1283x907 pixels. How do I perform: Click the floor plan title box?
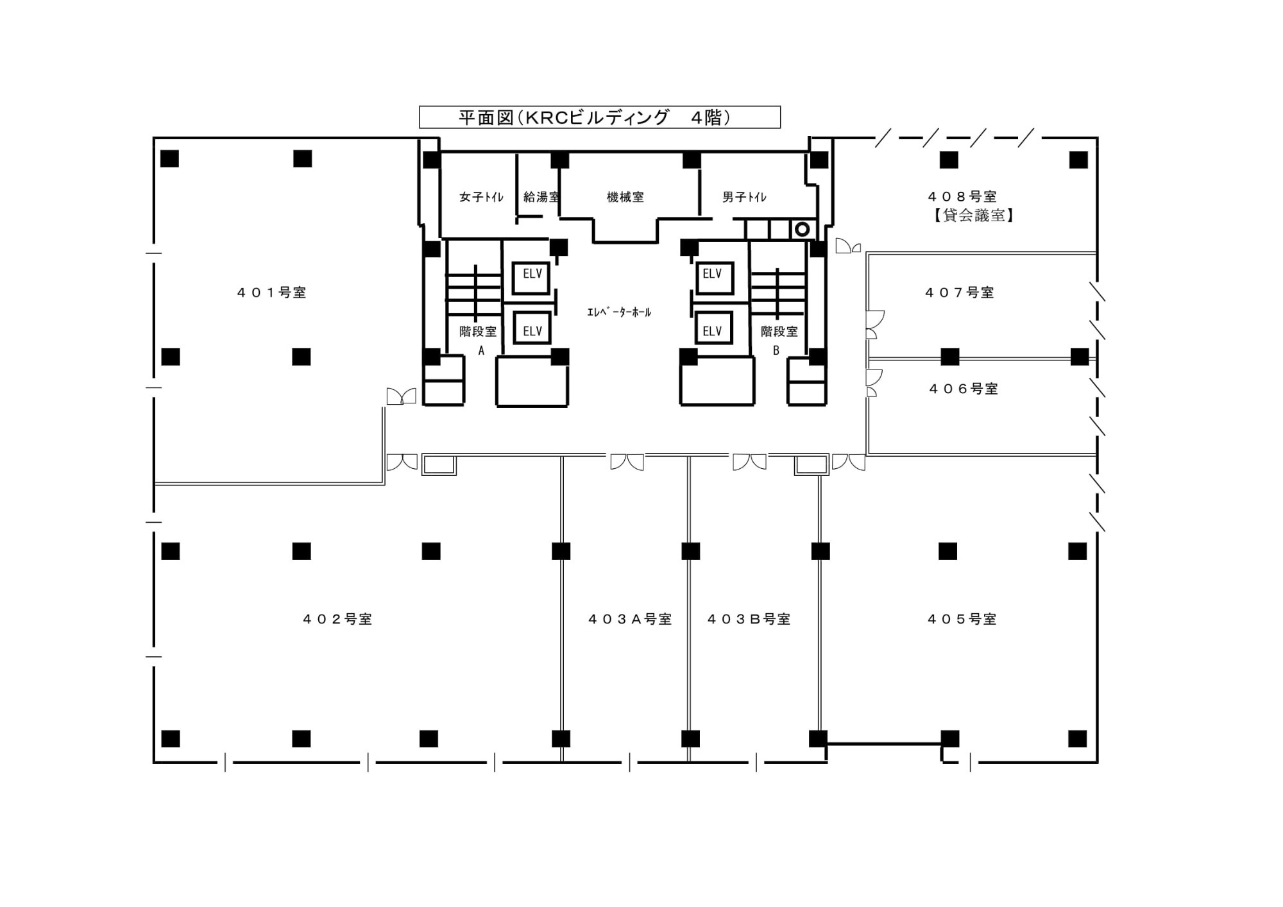[x=600, y=117]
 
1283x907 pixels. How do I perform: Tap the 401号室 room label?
[x=272, y=292]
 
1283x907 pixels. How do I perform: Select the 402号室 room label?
[x=337, y=619]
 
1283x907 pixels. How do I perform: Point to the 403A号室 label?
[x=630, y=619]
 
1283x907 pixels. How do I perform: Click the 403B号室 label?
[x=749, y=619]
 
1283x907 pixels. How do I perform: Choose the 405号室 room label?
[x=962, y=619]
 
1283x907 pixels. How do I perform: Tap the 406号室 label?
[x=964, y=389]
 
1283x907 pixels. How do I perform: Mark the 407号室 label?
[x=960, y=292]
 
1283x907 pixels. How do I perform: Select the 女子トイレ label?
[x=482, y=197]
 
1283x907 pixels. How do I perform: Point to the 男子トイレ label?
[x=745, y=197]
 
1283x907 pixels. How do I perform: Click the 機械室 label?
[x=625, y=197]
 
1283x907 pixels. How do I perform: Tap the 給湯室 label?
[x=541, y=197]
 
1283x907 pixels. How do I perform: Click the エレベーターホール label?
[x=619, y=312]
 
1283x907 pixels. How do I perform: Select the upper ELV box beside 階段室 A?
[x=532, y=277]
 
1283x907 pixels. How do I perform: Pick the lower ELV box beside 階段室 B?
[x=714, y=328]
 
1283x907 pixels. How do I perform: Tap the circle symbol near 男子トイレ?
[x=802, y=229]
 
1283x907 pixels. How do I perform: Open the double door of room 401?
[x=402, y=396]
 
